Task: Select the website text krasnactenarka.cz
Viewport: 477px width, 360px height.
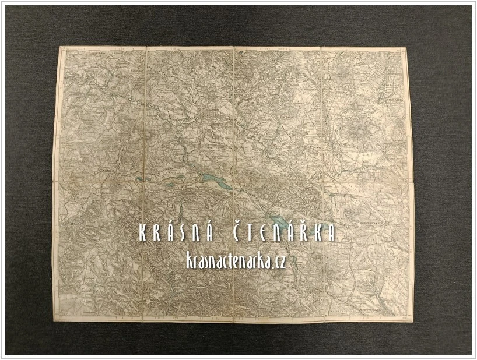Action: pos(237,261)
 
